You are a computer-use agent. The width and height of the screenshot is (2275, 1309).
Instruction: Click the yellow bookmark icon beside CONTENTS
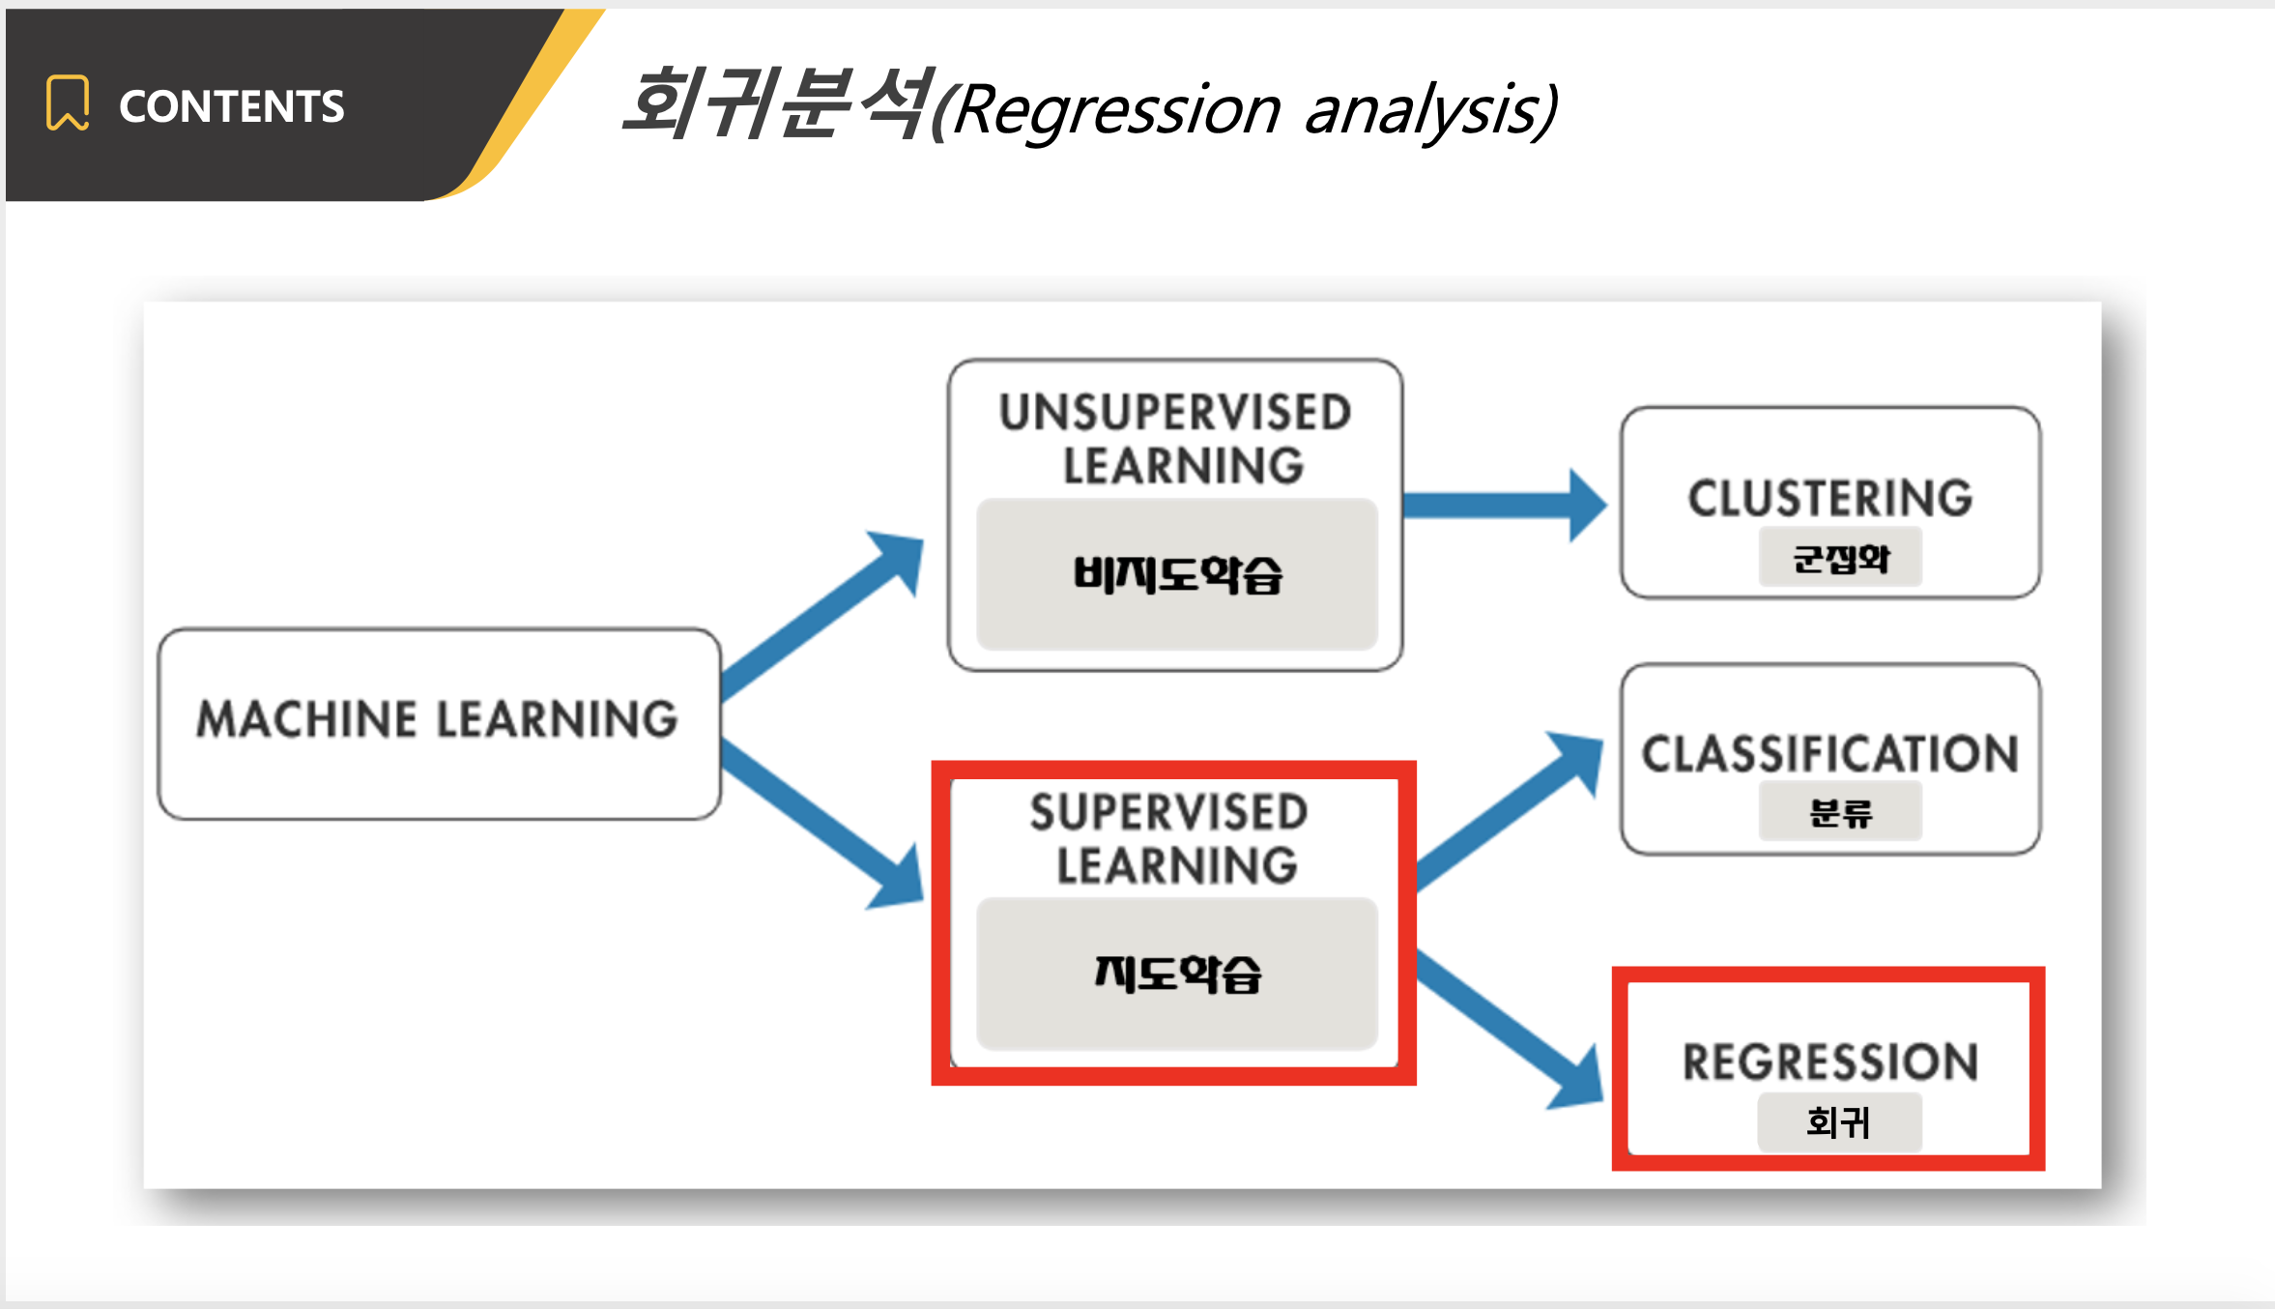68,102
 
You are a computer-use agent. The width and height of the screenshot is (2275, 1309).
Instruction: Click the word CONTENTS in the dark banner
231,106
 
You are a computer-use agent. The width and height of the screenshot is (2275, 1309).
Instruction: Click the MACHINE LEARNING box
439,724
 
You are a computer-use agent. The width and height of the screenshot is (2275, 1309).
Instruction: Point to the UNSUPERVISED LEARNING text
1175,439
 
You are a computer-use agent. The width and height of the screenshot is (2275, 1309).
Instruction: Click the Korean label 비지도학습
1177,574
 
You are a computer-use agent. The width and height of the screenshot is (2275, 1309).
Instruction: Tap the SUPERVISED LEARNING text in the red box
1169,838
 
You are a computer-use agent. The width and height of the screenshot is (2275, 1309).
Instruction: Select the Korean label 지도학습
1177,974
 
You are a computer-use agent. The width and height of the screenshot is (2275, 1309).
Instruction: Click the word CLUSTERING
1830,499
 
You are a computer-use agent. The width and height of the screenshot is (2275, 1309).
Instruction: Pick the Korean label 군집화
1841,559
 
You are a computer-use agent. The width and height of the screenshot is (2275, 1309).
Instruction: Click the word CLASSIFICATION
1830,754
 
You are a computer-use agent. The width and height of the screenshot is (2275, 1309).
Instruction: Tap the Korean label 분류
1841,813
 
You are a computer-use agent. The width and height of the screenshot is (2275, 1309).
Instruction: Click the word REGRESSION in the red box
1830,1062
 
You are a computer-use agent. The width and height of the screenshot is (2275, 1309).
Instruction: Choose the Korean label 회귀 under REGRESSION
1838,1122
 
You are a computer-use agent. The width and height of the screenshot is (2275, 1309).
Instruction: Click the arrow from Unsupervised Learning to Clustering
1504,506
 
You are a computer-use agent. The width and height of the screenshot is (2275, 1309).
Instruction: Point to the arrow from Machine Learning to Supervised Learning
821,827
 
